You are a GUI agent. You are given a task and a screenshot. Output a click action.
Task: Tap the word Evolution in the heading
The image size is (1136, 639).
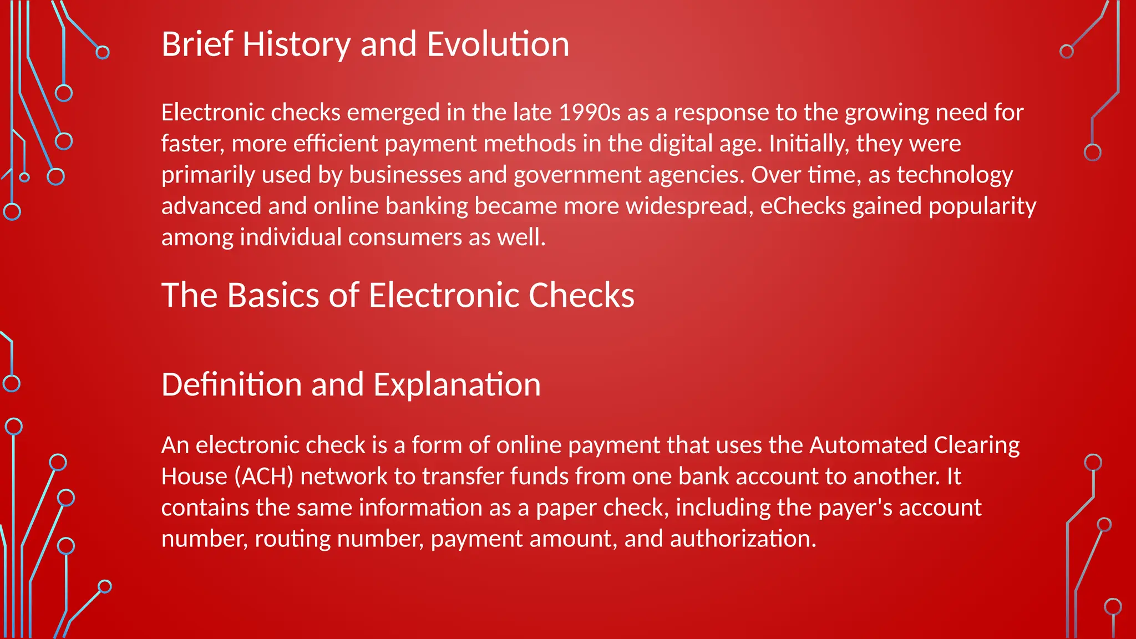point(498,44)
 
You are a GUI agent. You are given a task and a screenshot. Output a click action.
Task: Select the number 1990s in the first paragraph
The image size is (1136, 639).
point(589,113)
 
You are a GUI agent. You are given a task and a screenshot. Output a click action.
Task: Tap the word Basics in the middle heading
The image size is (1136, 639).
point(274,295)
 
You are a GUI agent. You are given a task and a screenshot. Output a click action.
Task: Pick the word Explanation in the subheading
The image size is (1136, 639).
point(457,384)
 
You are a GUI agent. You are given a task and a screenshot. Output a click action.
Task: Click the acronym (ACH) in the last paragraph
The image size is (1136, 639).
point(263,476)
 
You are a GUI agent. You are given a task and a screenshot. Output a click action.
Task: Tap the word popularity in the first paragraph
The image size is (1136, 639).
point(982,206)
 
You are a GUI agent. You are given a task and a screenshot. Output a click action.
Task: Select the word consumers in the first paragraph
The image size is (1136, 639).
point(405,237)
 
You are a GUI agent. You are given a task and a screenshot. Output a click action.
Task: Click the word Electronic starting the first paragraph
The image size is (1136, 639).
point(213,113)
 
